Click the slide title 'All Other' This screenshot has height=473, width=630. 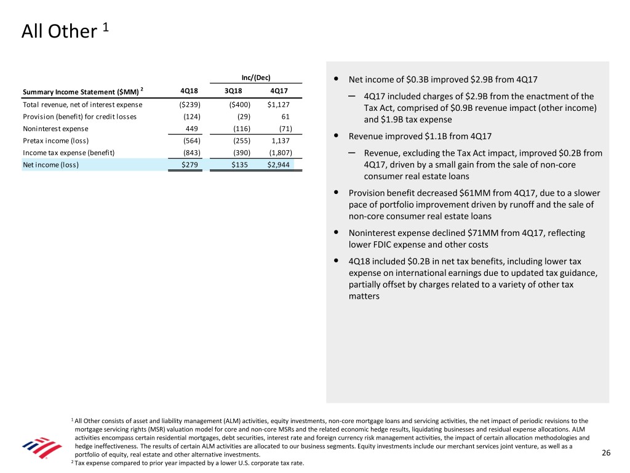point(56,31)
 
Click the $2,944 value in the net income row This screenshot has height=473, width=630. point(278,164)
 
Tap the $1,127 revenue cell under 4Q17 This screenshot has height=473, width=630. point(279,104)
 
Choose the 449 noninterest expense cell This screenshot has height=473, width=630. point(191,129)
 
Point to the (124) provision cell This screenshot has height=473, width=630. point(190,116)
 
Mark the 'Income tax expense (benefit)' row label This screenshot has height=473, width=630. point(65,153)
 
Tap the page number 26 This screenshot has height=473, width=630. point(605,454)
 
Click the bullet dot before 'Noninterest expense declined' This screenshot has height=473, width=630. point(335,233)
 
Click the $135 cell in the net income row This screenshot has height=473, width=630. point(241,164)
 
